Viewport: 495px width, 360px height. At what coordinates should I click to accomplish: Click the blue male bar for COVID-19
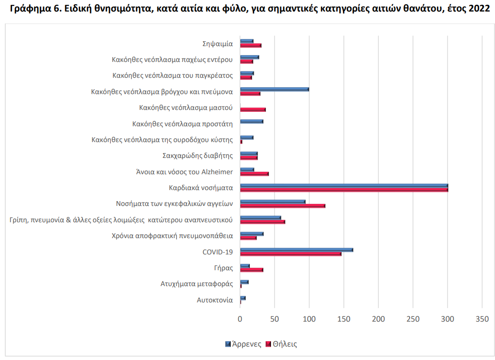pos(296,250)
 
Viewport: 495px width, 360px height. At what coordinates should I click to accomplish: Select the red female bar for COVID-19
pos(291,253)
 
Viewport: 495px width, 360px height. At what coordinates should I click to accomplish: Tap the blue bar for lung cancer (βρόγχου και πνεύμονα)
pos(274,89)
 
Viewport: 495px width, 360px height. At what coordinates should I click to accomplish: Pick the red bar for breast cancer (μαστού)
pos(253,109)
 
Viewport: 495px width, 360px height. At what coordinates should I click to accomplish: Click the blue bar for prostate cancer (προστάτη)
pos(252,121)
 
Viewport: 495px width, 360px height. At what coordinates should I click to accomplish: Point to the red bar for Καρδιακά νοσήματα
pos(344,190)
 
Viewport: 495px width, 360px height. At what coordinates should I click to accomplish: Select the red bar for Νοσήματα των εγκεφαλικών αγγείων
pos(283,206)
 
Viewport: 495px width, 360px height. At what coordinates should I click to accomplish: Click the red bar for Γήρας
pos(252,270)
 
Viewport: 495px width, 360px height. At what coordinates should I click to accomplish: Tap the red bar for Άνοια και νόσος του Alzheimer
pos(254,173)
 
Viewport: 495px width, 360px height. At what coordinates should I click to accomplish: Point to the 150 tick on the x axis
pos(344,319)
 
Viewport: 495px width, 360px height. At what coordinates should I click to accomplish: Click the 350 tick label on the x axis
pos(482,319)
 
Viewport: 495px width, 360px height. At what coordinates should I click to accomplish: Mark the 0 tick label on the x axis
pos(240,319)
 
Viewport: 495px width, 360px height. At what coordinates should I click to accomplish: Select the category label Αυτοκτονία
pos(215,300)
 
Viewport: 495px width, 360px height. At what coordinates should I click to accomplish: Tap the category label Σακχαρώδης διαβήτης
pos(198,156)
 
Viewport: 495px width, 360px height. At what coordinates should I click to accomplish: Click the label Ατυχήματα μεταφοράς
pos(197,284)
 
